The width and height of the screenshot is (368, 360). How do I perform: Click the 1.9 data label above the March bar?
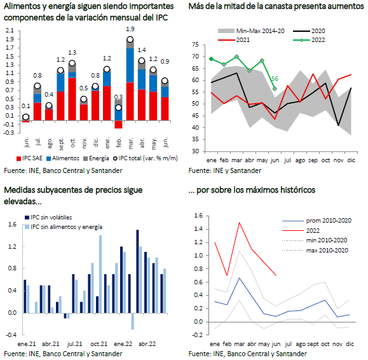130,29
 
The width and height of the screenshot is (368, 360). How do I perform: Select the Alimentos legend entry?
63,158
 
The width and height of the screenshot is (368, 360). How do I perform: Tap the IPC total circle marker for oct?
72,63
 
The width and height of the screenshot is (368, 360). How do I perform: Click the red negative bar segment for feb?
118,125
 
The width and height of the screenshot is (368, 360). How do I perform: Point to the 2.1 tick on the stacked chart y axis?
10,31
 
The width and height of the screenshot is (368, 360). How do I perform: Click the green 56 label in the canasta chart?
275,79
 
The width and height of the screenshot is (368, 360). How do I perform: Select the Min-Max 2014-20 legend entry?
251,31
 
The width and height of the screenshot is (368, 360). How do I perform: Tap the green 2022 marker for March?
236,57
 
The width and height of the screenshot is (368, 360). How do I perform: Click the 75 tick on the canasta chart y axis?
195,45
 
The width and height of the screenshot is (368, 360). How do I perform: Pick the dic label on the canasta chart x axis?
351,160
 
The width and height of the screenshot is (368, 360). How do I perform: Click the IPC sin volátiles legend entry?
48,218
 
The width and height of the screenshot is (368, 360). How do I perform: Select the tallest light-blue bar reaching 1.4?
100,274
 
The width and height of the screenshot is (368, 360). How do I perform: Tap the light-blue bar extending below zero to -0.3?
133,321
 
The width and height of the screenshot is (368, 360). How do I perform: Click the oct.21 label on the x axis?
99,344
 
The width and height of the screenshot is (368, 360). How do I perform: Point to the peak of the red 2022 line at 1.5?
239,223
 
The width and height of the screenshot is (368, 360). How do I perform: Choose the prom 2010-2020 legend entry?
317,221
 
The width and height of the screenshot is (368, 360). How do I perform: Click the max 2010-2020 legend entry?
315,251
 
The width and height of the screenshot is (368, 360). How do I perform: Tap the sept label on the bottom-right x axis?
313,344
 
